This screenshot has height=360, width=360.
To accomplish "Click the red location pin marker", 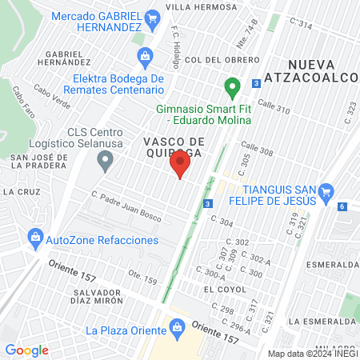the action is coord(180,166).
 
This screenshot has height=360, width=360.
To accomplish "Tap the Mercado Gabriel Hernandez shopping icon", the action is coord(152,18).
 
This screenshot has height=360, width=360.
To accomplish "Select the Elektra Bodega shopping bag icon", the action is coord(144,55).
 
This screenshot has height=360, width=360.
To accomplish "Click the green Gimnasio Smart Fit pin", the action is coord(232,86).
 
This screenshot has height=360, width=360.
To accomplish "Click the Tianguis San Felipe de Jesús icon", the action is coord(326,192).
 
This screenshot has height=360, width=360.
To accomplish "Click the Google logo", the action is coord(27,350).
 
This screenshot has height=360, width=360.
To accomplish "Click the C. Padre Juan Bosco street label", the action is coord(126,206).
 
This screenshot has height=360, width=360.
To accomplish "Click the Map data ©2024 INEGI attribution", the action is coord(311,353).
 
